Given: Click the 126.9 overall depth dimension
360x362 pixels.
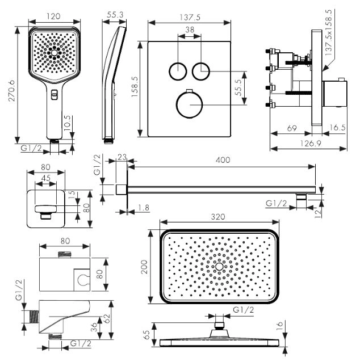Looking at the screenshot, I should coord(308,144).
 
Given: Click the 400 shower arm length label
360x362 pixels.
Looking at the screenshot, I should coord(223,160).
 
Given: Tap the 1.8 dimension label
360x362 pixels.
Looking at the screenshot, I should coord(143,208).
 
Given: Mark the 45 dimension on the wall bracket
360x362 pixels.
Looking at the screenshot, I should coord(45,178).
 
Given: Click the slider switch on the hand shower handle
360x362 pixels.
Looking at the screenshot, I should coord(54,94).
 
